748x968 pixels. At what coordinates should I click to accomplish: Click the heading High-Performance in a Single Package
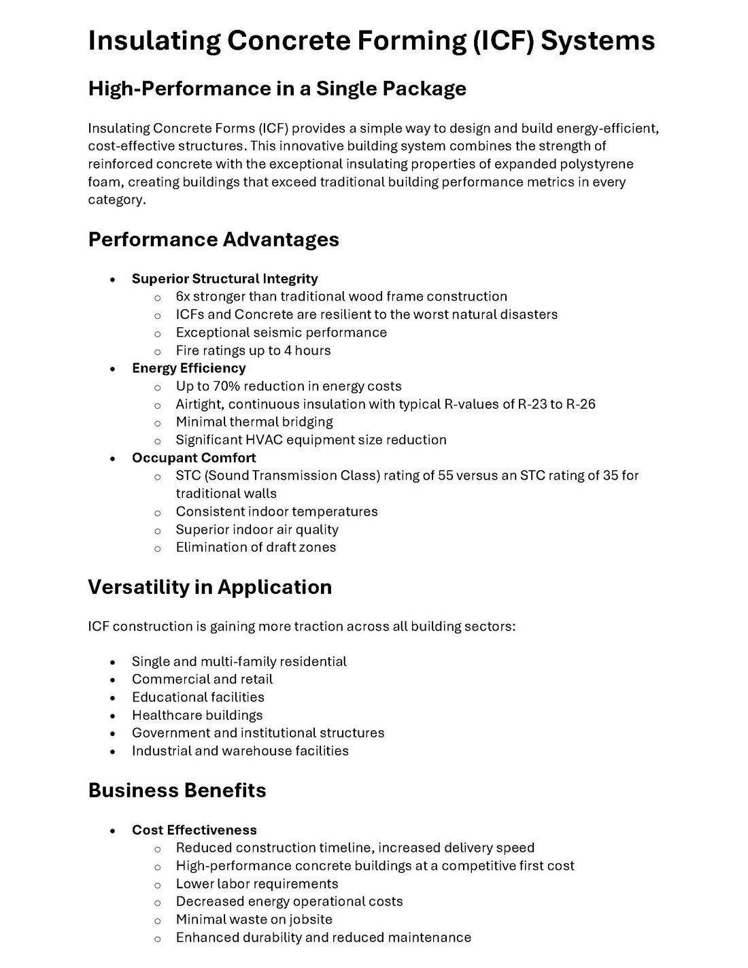pyautogui.click(x=277, y=88)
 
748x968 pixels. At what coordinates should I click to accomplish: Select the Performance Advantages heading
pyautogui.click(x=214, y=239)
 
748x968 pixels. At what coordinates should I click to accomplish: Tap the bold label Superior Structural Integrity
pyautogui.click(x=224, y=279)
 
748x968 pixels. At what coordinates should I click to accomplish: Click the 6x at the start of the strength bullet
pyautogui.click(x=183, y=297)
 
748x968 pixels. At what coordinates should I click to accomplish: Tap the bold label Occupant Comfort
pyautogui.click(x=194, y=458)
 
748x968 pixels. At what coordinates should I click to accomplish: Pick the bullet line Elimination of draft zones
pyautogui.click(x=256, y=548)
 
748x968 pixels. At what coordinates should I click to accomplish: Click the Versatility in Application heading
pyautogui.click(x=209, y=587)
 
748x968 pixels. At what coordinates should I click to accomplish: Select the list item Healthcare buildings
pyautogui.click(x=197, y=715)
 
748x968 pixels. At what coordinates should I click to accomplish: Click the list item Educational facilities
pyautogui.click(x=198, y=697)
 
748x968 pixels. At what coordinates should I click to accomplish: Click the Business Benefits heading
pyautogui.click(x=177, y=790)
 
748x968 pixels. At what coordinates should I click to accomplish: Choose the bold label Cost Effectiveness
pyautogui.click(x=194, y=830)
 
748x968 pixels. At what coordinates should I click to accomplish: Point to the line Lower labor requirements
pyautogui.click(x=257, y=884)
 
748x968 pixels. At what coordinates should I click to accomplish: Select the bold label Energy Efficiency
pyautogui.click(x=188, y=368)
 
